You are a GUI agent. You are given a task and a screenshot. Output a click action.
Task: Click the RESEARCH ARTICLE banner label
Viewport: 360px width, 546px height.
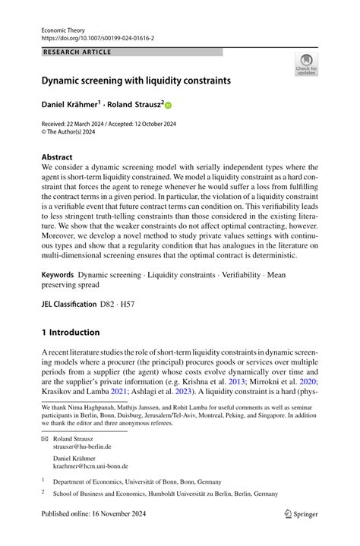tap(78, 52)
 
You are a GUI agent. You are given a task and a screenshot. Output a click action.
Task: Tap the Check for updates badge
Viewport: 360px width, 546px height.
tap(306, 64)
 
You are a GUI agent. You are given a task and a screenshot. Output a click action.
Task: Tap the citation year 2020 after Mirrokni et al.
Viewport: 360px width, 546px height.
tap(308, 381)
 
